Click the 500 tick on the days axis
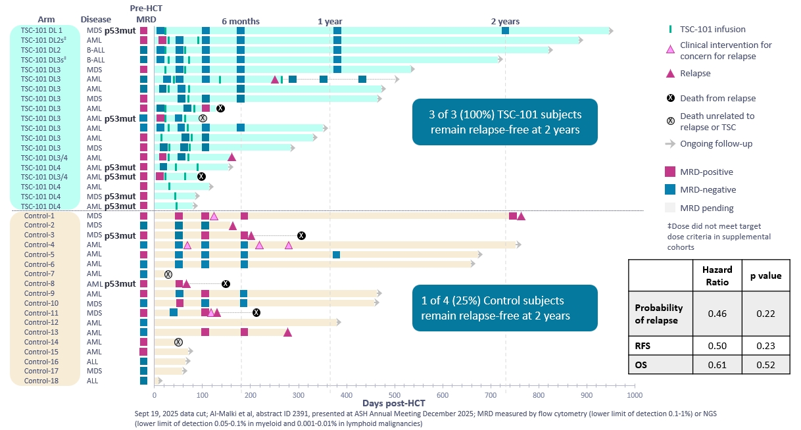click(395, 395)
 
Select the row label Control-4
click(39, 245)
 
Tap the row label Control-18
click(39, 381)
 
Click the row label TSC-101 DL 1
click(42, 30)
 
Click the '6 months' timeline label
click(241, 21)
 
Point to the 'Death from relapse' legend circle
click(670, 99)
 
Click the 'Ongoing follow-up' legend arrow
click(670, 143)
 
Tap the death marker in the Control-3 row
click(301, 235)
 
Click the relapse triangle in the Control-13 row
click(287, 332)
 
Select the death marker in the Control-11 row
click(256, 313)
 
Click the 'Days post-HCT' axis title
click(394, 402)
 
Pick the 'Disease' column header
click(96, 20)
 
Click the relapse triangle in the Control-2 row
click(232, 226)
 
